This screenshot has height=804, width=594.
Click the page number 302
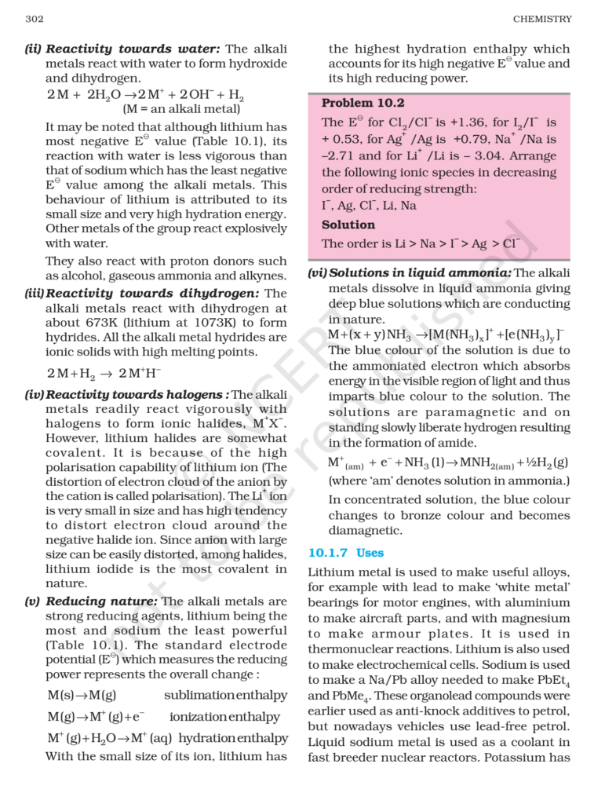point(33,19)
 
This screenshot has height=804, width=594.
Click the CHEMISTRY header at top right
point(542,19)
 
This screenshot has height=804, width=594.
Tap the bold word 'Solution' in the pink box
point(348,225)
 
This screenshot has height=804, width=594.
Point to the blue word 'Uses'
point(370,553)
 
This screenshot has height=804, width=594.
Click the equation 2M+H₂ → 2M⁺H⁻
point(104,373)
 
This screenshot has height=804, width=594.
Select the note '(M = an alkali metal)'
point(180,109)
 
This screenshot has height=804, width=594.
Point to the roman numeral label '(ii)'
point(32,49)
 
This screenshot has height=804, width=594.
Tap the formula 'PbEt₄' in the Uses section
point(552,680)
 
